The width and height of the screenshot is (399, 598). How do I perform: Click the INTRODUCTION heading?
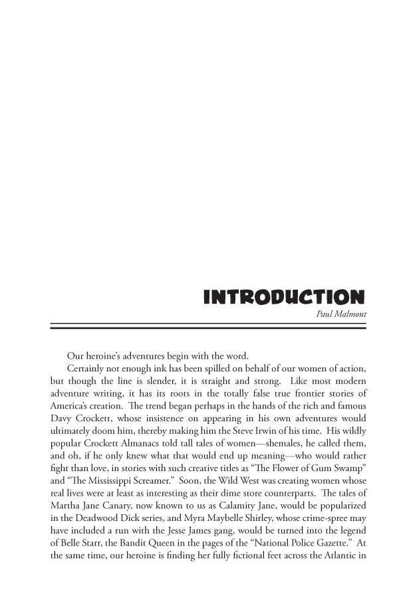[285, 298]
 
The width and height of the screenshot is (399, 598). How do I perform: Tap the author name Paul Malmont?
[340, 315]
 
